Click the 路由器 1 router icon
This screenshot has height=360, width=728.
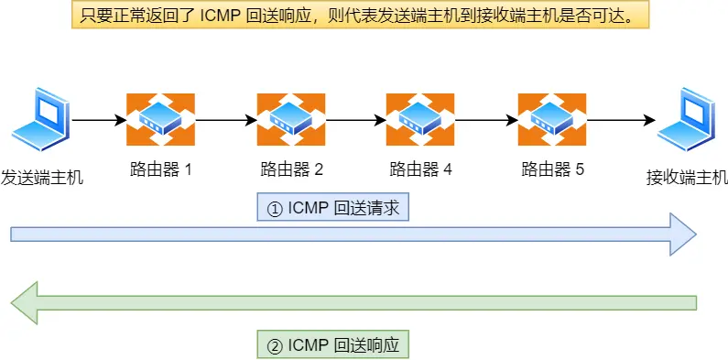pos(161,119)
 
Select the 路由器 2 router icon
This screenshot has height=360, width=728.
pos(291,119)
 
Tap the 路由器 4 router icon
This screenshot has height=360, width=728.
pos(420,119)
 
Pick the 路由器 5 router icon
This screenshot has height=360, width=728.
pos(552,119)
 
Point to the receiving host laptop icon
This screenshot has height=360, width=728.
pos(687,120)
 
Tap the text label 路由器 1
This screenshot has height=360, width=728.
pos(161,169)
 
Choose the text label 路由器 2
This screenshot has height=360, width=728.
pos(291,169)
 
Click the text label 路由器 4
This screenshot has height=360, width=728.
pos(421,169)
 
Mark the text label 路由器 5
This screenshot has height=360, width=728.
pos(552,169)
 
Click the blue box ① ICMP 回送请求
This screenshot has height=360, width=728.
pos(332,208)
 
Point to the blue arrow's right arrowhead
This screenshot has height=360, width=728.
pos(683,235)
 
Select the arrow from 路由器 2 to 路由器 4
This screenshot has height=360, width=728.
pos(355,120)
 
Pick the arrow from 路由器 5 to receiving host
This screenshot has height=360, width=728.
pos(620,120)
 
